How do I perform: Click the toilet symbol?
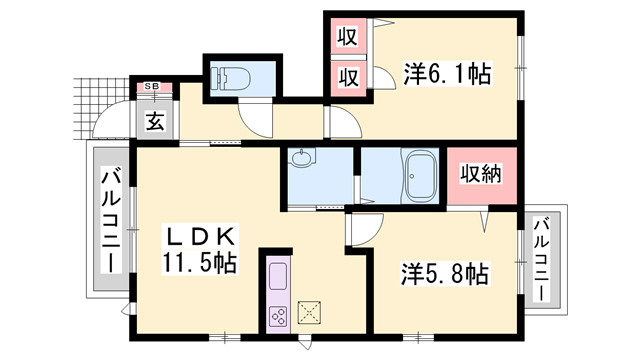[230, 78]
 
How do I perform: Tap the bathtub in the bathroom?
[420, 176]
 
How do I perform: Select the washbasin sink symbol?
[302, 157]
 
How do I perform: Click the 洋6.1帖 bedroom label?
[447, 73]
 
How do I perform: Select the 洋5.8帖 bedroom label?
[444, 274]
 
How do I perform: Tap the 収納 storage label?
[481, 174]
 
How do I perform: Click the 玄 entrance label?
[156, 121]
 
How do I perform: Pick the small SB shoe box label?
[155, 87]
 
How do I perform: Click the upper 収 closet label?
[347, 36]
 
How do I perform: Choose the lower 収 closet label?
[348, 77]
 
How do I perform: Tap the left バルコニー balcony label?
[111, 222]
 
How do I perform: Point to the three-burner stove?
[278, 316]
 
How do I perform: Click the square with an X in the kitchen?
[309, 312]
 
